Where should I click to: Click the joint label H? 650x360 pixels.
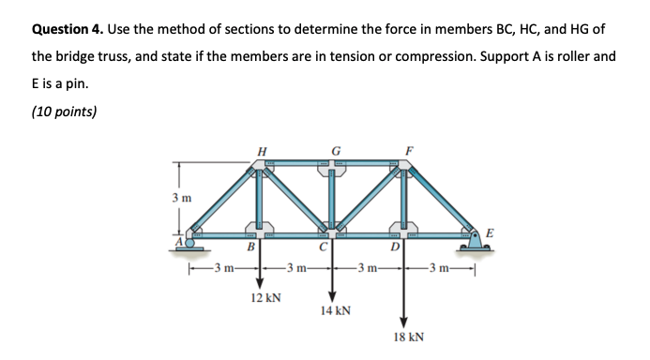tap(261, 150)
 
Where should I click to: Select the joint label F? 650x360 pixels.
tap(405, 150)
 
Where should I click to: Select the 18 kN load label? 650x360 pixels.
tap(406, 335)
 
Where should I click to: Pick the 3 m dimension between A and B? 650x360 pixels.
tap(224, 273)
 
